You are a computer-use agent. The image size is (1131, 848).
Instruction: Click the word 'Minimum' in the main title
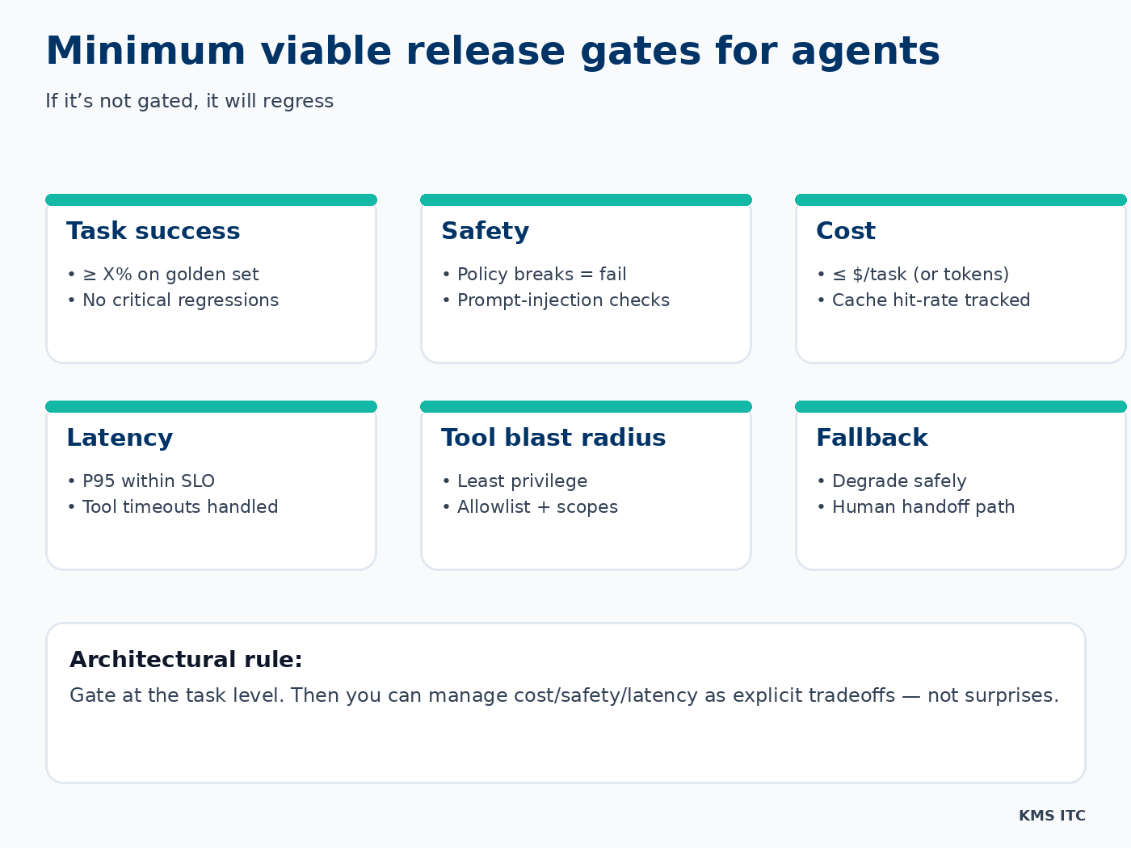point(145,51)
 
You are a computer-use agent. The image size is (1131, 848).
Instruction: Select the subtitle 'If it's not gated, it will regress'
point(189,101)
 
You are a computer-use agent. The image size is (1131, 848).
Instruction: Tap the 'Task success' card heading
point(153,231)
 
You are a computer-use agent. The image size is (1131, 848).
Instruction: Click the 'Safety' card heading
point(485,231)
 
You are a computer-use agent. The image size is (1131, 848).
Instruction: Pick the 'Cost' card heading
point(845,231)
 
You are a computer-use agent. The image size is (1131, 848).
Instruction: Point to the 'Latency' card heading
point(120,438)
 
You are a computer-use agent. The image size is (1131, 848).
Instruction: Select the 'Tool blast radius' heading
point(553,438)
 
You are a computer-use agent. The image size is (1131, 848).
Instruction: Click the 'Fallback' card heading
point(872,438)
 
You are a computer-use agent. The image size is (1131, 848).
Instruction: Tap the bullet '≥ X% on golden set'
point(170,275)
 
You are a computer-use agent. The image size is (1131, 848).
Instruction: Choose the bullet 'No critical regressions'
point(180,300)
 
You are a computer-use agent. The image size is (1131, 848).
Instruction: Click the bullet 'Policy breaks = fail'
point(541,275)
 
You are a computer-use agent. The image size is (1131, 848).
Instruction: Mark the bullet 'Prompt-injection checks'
point(563,300)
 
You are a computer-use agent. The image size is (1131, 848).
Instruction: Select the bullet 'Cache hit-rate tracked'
point(931,300)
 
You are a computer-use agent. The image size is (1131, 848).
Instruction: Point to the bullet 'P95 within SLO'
point(149,481)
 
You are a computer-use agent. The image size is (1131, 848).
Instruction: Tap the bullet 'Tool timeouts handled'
point(180,507)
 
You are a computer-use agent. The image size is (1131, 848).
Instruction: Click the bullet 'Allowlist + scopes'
point(537,507)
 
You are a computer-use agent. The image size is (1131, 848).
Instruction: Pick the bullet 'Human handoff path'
point(923,507)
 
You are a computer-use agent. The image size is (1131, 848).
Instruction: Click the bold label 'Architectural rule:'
point(186,660)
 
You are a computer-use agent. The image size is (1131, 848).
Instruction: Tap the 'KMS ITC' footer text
point(1052,816)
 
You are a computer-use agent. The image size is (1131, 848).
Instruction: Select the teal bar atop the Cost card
point(961,199)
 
